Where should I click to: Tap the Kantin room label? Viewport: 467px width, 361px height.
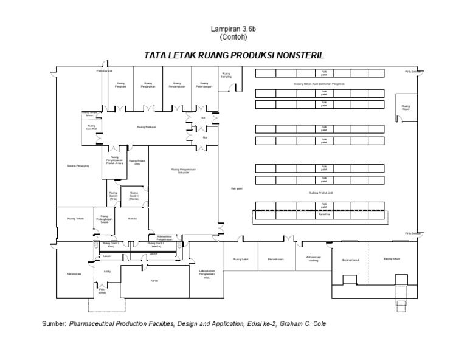tap(154, 280)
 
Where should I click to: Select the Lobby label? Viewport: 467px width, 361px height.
tap(108, 271)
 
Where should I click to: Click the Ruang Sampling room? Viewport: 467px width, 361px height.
tap(226, 77)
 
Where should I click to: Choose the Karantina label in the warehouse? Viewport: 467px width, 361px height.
tap(324, 215)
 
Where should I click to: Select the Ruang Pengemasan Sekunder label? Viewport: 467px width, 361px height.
tap(185, 171)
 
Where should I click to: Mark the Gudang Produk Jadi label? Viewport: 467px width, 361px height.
tap(323, 191)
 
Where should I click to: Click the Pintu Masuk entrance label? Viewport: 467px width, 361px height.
tap(93, 290)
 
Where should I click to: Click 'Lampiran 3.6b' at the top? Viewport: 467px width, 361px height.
tap(230, 29)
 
